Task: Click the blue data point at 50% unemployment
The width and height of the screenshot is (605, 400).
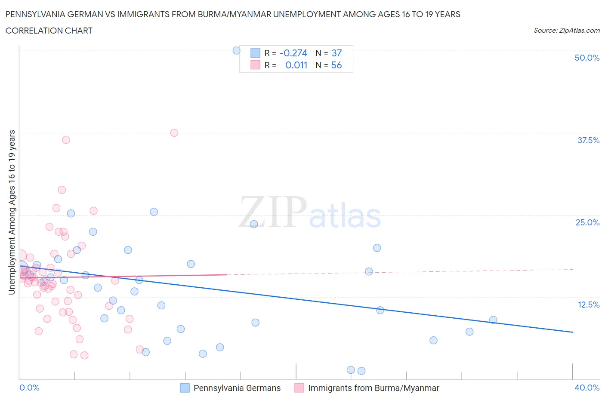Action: (x=236, y=50)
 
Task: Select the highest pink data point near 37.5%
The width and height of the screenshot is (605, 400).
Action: (x=174, y=132)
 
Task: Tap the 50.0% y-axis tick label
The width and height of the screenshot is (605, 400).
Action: (x=587, y=58)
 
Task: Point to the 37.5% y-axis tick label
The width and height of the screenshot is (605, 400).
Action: (x=588, y=140)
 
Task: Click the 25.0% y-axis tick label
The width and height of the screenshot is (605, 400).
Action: (x=587, y=222)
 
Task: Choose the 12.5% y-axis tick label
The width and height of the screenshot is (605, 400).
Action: (x=588, y=305)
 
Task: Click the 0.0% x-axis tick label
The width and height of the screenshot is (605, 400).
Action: (x=29, y=388)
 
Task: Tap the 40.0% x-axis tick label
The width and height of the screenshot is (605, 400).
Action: (x=587, y=388)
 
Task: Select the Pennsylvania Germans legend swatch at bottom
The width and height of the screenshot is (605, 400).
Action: (x=185, y=388)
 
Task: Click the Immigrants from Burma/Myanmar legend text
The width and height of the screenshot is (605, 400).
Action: (x=373, y=388)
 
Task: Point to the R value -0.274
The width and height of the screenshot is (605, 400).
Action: (x=293, y=53)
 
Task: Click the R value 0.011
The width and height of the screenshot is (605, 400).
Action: (x=296, y=65)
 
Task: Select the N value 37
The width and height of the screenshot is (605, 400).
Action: (x=336, y=53)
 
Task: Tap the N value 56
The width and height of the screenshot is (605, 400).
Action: (x=336, y=65)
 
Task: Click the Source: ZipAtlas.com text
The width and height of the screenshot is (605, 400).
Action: (x=566, y=31)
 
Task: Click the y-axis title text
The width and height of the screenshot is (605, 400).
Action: (x=12, y=212)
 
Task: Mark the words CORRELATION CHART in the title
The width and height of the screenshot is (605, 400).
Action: (x=49, y=31)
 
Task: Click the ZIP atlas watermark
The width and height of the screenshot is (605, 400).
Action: (x=310, y=213)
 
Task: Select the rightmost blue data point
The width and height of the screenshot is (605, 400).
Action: (x=493, y=320)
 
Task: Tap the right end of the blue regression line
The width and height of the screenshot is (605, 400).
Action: (x=572, y=332)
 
